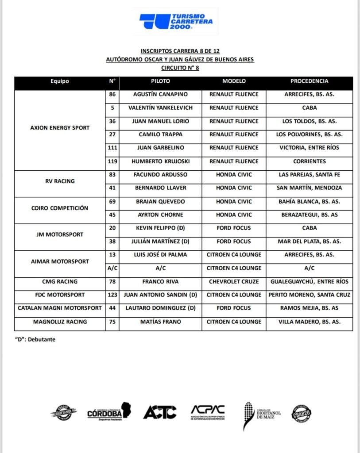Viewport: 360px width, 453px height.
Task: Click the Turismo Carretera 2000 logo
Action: click(176, 21)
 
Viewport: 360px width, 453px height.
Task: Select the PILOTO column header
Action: click(160, 81)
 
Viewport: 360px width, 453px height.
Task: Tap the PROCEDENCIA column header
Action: click(309, 81)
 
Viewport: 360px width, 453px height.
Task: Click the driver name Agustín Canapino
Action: click(160, 94)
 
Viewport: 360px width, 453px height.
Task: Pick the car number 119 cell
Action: click(112, 161)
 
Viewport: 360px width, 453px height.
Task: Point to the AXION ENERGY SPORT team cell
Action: click(60, 128)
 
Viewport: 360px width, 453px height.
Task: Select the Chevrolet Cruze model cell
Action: click(234, 281)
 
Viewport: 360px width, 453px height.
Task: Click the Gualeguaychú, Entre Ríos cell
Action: click(309, 281)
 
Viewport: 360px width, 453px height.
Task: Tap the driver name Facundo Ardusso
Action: click(160, 175)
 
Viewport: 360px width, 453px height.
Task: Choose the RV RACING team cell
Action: click(60, 181)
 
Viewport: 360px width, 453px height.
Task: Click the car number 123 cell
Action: click(112, 295)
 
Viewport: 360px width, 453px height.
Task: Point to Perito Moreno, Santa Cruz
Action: click(309, 295)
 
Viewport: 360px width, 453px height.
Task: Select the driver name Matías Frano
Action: click(160, 322)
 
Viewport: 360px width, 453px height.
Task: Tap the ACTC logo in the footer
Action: click(159, 412)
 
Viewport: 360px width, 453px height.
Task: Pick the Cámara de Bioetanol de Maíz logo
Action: click(259, 415)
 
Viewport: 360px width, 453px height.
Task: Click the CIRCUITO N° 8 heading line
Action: click(179, 68)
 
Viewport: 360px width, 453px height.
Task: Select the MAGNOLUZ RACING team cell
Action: click(60, 322)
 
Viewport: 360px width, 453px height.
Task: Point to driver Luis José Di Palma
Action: click(160, 255)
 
